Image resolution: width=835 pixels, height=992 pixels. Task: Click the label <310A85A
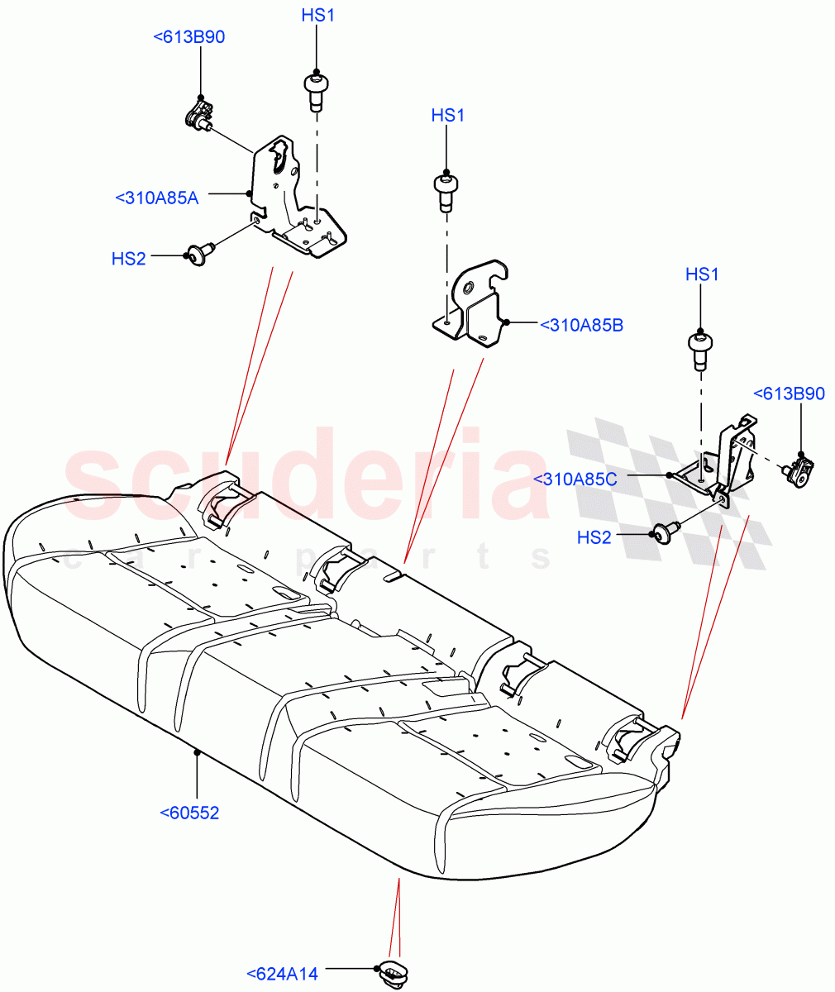[157, 198]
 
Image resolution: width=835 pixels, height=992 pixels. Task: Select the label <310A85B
[581, 326]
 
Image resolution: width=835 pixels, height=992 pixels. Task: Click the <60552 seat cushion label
[189, 813]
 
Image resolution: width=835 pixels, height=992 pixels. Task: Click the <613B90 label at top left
[189, 36]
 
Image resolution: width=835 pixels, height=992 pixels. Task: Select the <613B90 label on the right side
[789, 393]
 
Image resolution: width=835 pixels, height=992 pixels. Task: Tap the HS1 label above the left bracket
[317, 16]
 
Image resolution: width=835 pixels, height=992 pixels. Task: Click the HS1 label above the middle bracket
[447, 116]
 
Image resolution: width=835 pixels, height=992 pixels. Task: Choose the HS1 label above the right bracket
[702, 274]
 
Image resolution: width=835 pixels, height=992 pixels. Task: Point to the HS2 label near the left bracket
[128, 259]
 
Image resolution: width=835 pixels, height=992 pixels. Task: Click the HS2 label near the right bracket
[594, 537]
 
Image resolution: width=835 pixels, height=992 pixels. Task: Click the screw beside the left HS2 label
[199, 254]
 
